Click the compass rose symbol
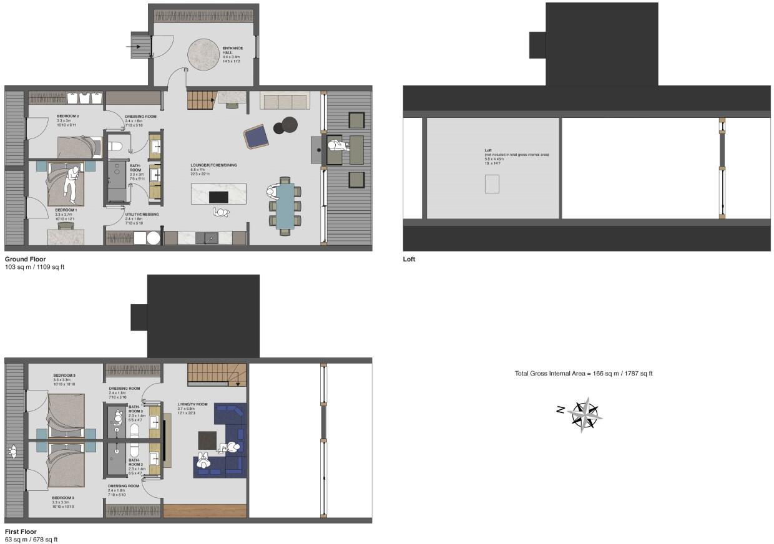[x=584, y=414]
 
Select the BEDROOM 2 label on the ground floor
[x=68, y=117]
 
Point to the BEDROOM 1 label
[x=66, y=210]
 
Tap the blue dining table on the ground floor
[x=285, y=206]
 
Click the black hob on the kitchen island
[x=218, y=197]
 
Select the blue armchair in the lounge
[x=255, y=137]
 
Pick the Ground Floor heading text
[x=25, y=259]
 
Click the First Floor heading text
[x=20, y=532]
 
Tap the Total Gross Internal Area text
[x=583, y=374]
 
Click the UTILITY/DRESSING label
[x=142, y=215]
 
